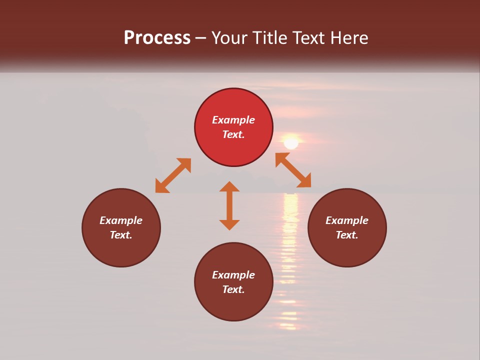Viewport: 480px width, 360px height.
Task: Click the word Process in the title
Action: [x=157, y=38]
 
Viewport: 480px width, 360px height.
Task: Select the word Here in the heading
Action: [x=348, y=38]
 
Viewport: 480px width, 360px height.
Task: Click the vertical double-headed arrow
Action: [x=229, y=206]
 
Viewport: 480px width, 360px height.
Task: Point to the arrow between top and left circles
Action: [x=173, y=175]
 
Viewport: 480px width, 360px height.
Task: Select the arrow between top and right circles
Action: [x=293, y=170]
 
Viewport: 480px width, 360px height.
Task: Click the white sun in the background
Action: [x=291, y=143]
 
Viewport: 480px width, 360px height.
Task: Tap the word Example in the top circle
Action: [x=233, y=120]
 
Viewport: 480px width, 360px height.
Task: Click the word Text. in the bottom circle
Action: [x=233, y=289]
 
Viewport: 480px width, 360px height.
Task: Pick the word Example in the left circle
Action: [x=121, y=220]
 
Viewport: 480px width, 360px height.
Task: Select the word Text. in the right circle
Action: [x=347, y=235]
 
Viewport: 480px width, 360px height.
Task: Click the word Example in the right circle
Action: [x=347, y=220]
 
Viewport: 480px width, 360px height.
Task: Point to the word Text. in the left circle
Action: [x=121, y=235]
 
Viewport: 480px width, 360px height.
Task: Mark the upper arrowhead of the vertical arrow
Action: [x=229, y=186]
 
